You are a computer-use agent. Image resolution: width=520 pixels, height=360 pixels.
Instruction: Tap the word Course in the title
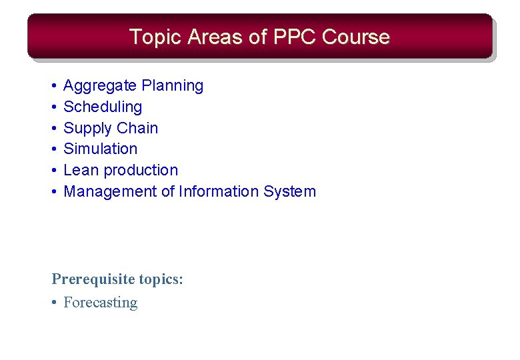click(x=355, y=37)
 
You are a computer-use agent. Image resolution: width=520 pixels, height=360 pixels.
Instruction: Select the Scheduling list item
click(x=103, y=107)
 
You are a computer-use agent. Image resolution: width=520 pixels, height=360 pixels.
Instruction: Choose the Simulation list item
click(x=100, y=149)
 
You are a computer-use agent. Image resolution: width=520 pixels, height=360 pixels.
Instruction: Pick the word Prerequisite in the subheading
click(x=91, y=279)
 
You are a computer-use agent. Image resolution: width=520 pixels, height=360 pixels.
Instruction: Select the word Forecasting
click(x=100, y=303)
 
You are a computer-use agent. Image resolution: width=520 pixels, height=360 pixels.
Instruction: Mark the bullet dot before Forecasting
click(x=54, y=303)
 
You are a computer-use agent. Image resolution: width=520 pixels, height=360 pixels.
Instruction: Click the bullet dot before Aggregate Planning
click(x=54, y=86)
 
